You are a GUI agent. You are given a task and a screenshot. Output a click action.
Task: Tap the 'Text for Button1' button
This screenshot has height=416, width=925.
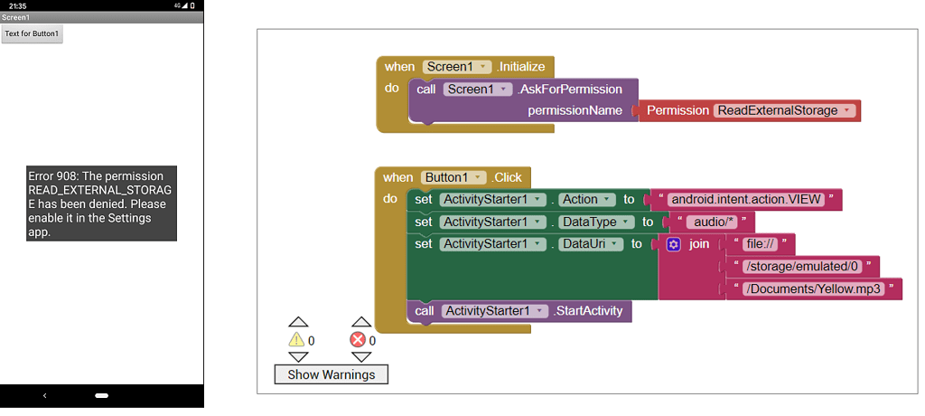(32, 34)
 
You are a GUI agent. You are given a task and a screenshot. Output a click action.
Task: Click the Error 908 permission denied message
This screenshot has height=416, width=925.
(101, 203)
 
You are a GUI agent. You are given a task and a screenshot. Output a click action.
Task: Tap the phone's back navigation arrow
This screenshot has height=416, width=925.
(45, 396)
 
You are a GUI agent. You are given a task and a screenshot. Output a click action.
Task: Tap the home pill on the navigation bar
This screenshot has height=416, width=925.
(101, 396)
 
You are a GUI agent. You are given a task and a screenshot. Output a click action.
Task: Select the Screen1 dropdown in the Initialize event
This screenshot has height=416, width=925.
(457, 67)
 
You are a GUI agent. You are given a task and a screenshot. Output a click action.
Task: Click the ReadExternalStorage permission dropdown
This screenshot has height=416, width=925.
(783, 110)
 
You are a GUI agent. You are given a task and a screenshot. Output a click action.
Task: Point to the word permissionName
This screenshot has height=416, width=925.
(575, 110)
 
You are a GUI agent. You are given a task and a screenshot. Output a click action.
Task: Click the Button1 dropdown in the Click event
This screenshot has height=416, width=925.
(453, 178)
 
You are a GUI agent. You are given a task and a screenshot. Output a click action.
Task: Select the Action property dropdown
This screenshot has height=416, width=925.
(587, 200)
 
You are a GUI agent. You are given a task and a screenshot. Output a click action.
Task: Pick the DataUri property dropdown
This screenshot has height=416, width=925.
(591, 244)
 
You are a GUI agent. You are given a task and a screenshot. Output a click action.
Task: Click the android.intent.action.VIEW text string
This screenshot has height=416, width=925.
(745, 200)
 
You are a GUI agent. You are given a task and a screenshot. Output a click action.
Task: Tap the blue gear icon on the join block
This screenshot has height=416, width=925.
(673, 244)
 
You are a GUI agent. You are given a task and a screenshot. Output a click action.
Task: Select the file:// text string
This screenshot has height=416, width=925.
(759, 244)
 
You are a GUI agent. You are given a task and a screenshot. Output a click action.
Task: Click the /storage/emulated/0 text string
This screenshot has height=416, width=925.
(801, 267)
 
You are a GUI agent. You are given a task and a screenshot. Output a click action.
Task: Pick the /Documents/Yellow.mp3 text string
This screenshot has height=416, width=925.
(813, 288)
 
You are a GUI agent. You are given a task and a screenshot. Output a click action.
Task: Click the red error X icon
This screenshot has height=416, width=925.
(359, 340)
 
